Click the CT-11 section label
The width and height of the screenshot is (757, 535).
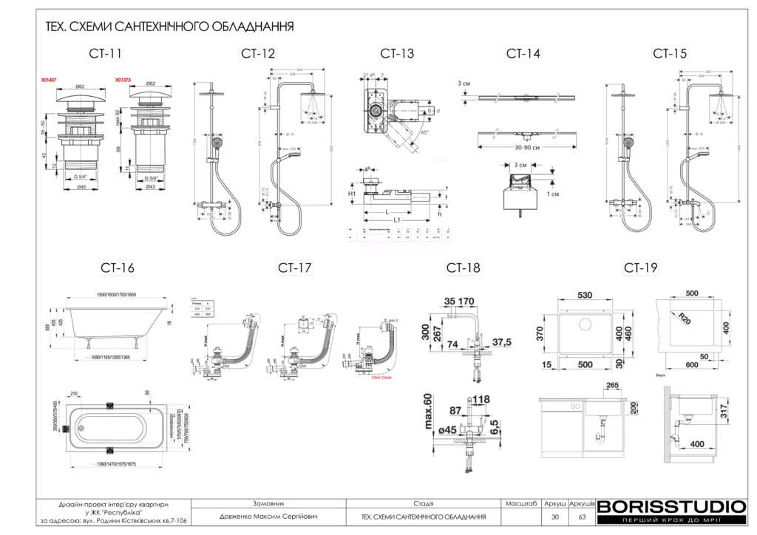[x=106, y=53]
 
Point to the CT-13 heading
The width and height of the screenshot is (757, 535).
[x=397, y=53]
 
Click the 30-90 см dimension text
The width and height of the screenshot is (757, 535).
[x=526, y=146]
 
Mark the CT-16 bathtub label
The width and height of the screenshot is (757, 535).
[x=118, y=267]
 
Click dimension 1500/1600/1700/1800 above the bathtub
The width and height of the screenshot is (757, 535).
[x=112, y=295]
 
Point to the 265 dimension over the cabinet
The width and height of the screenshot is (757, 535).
[x=611, y=385]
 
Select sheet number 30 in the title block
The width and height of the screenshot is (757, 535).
[x=555, y=517]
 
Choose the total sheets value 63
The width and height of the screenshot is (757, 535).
[x=582, y=517]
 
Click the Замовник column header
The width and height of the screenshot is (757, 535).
[x=268, y=502]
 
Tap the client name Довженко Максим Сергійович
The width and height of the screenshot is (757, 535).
[x=268, y=517]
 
